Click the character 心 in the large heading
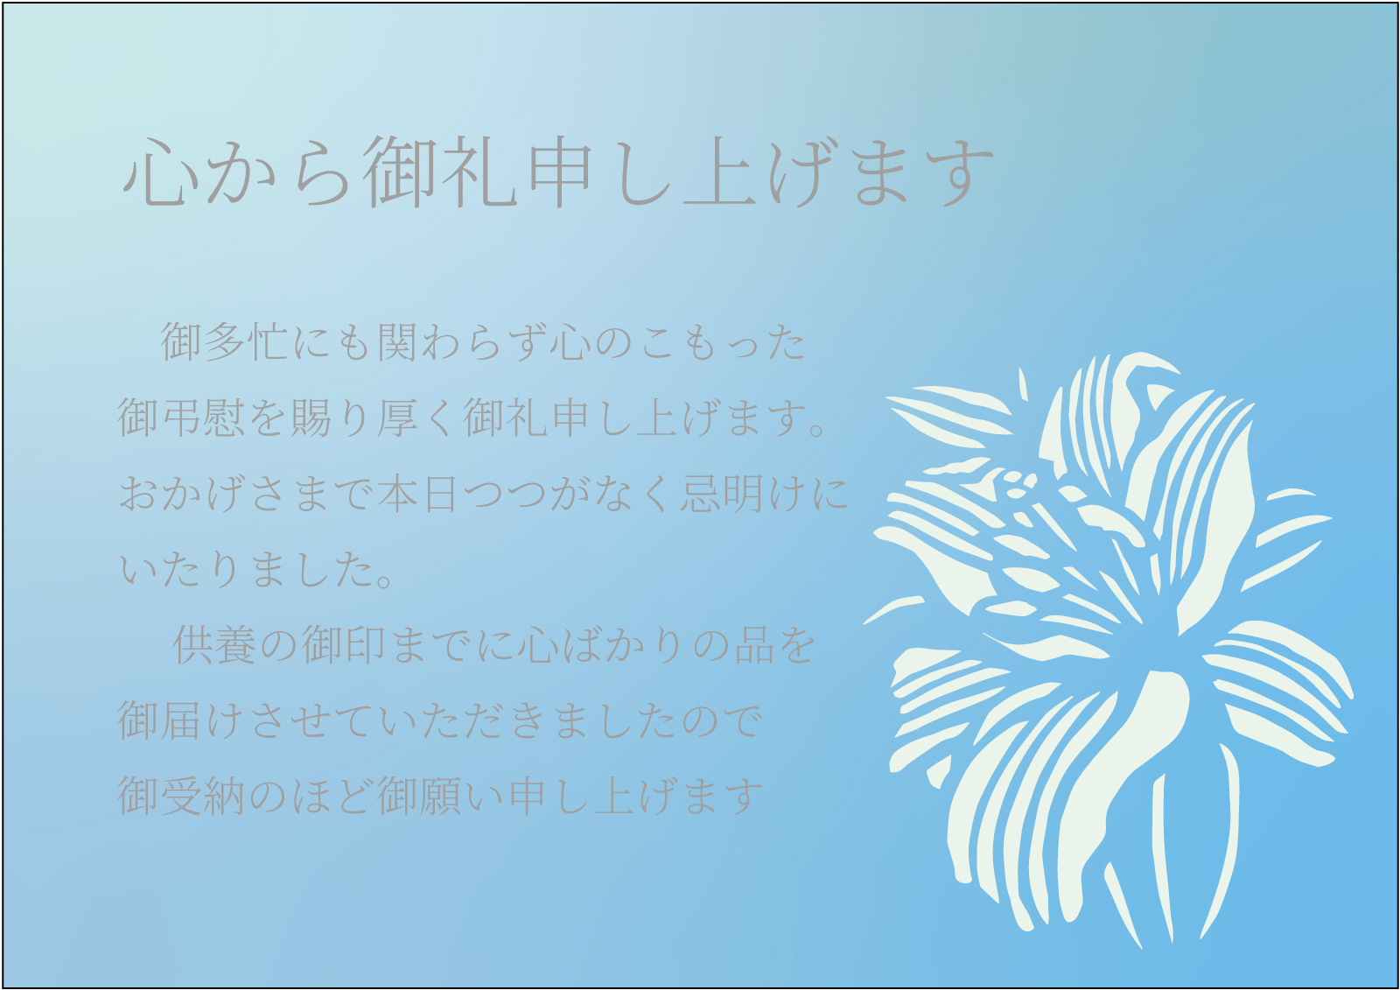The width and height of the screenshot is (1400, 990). (x=160, y=172)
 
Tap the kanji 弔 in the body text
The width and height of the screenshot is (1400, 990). (x=181, y=418)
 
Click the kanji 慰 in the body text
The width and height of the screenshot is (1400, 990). (x=224, y=418)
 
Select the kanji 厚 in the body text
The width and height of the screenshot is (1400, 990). (x=397, y=418)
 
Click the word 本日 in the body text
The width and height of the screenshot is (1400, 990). (x=419, y=494)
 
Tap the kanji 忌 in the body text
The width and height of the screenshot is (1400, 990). (x=701, y=494)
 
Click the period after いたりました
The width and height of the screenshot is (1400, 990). (x=386, y=579)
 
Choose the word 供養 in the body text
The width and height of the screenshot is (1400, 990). (x=213, y=645)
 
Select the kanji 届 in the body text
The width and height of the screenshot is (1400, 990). (x=181, y=721)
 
